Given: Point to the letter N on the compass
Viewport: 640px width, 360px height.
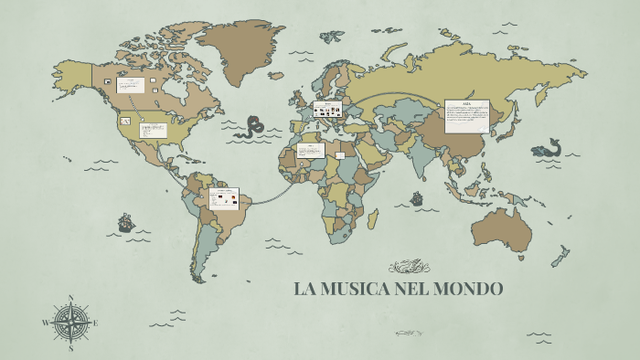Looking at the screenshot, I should click(70, 296).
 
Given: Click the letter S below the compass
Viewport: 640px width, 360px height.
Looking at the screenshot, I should click(70, 348).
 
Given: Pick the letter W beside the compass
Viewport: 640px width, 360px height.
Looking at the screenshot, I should click(45, 323).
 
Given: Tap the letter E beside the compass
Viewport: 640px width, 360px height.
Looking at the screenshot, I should click(95, 323).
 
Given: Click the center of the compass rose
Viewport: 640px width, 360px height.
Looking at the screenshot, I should click(70, 323).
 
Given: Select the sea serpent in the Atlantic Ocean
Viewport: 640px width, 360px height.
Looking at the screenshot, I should click(249, 128).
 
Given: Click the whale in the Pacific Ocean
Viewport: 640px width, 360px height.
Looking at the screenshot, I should click(548, 148).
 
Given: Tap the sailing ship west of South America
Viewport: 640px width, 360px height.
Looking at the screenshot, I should click(125, 222).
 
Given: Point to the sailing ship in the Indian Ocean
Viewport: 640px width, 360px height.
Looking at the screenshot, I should click(417, 197).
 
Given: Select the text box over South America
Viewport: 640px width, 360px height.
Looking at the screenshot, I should click(224, 196).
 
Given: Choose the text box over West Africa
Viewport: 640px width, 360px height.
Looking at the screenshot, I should click(311, 150).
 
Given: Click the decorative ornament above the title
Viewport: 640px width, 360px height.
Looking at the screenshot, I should click(409, 267).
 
